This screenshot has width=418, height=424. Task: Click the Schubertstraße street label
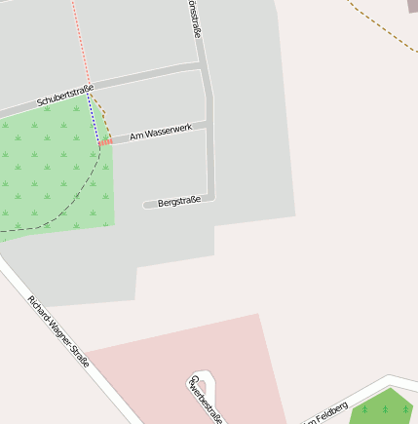[65, 96]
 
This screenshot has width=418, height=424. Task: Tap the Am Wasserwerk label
[161, 133]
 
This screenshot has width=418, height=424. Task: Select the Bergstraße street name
[178, 201]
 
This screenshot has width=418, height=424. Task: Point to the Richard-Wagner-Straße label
[58, 330]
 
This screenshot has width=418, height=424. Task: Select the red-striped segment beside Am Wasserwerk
[105, 143]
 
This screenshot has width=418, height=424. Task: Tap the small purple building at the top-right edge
[412, 6]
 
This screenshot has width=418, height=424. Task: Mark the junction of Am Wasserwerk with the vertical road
[209, 123]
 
